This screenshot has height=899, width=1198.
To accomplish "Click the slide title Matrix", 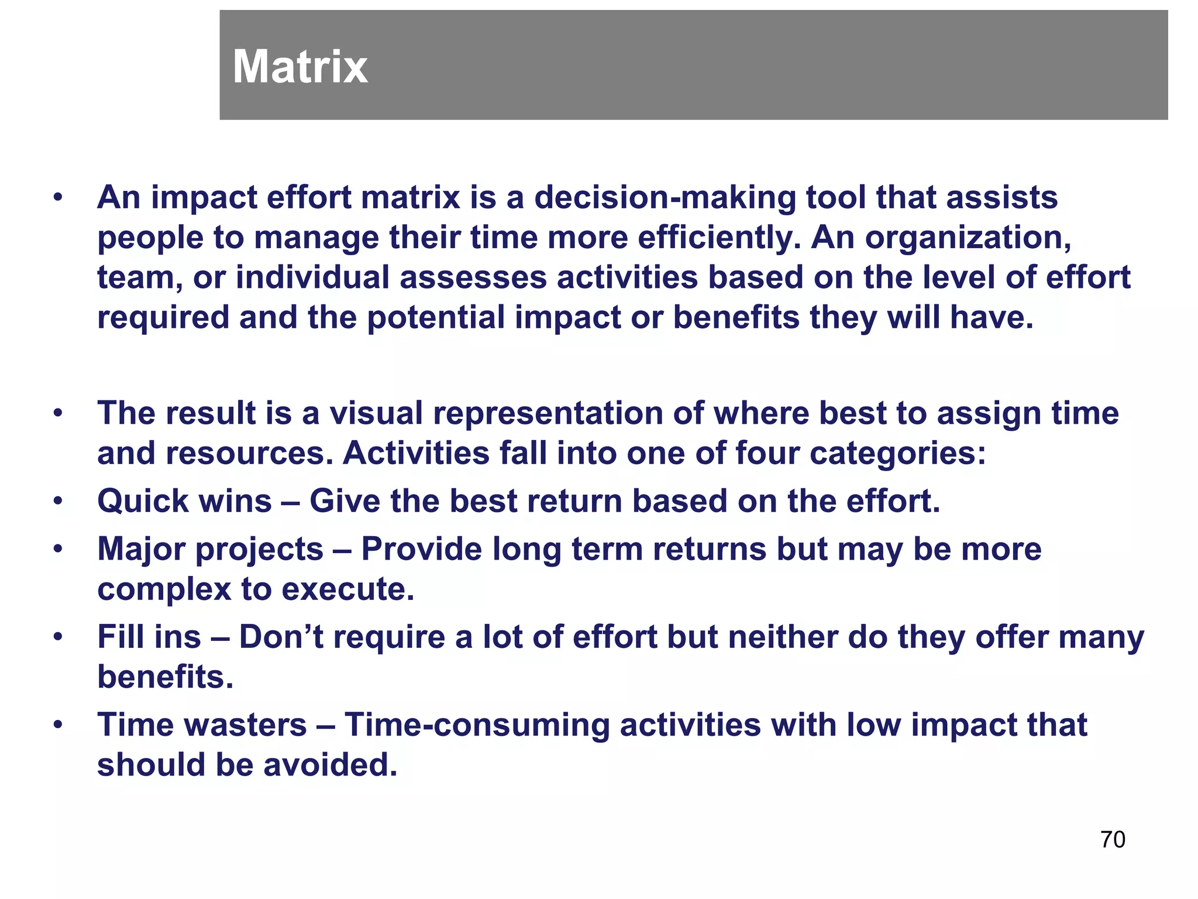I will click(300, 67).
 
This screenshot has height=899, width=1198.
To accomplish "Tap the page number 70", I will click(1113, 840).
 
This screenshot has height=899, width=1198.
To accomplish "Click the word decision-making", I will click(665, 198).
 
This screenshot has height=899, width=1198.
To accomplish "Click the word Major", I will click(141, 550).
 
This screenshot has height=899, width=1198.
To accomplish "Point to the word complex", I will click(164, 589).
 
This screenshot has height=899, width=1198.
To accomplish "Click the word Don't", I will click(281, 637).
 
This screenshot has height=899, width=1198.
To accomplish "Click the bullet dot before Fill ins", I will click(57, 637).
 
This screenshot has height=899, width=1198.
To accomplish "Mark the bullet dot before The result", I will click(57, 414).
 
